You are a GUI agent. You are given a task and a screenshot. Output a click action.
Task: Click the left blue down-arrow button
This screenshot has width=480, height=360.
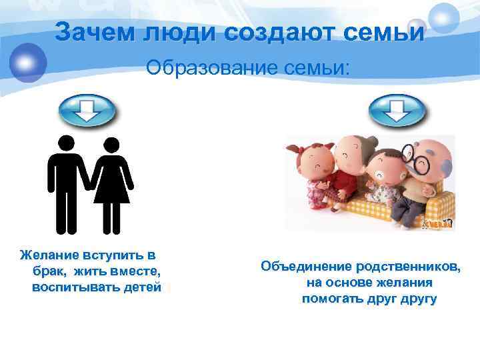[x=87, y=111]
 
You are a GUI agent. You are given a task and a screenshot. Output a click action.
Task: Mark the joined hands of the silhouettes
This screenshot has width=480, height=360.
[x=89, y=191]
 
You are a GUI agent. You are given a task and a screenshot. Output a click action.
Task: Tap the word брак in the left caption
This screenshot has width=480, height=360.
[x=47, y=271]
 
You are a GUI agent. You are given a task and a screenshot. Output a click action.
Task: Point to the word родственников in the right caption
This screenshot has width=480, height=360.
[x=407, y=267]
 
